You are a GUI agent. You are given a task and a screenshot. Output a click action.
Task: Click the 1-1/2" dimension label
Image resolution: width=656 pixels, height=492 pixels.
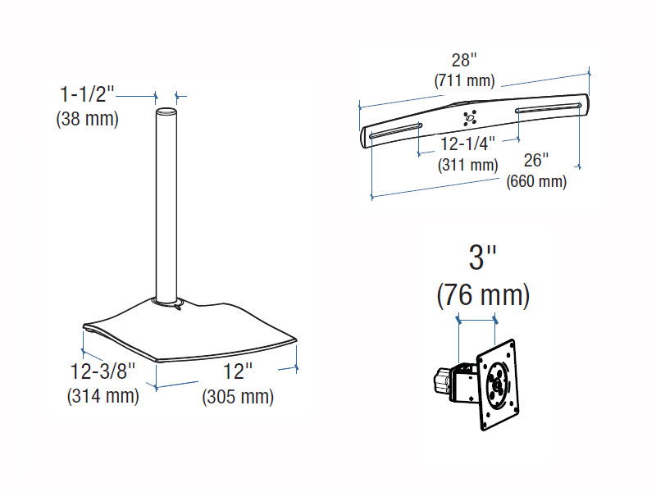(x=87, y=94)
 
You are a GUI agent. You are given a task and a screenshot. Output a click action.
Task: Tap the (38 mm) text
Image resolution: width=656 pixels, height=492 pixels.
(x=88, y=119)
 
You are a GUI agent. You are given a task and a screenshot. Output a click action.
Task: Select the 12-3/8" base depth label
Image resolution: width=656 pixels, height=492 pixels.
(x=103, y=371)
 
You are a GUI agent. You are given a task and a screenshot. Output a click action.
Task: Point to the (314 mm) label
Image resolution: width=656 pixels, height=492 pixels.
(x=103, y=396)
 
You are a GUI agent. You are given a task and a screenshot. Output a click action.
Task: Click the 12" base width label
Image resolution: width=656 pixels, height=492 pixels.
(x=238, y=371)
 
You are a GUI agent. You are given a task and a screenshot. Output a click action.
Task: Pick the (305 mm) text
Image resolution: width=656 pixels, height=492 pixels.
(x=238, y=396)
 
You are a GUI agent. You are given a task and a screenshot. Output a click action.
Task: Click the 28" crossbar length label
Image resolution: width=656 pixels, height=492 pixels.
(x=464, y=60)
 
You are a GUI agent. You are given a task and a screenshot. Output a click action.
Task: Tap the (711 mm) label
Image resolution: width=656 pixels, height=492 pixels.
(x=464, y=80)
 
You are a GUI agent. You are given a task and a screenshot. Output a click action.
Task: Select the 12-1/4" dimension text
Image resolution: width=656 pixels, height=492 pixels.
(x=467, y=144)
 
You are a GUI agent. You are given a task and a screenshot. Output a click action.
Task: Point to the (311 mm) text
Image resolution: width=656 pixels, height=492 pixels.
(x=467, y=165)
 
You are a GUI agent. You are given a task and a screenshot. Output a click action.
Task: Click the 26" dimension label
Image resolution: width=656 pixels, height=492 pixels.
(x=536, y=160)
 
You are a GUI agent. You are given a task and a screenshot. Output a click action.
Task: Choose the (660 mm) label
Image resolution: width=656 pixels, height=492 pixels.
(x=536, y=181)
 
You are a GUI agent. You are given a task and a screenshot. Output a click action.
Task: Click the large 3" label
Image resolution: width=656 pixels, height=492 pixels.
(x=482, y=257)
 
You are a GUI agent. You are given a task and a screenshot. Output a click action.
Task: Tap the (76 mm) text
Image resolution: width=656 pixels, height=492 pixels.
(x=483, y=295)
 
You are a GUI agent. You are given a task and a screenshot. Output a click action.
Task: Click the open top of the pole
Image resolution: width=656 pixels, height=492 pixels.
(x=166, y=112)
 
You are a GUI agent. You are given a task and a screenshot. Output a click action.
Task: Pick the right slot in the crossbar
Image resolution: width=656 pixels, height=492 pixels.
(x=549, y=107)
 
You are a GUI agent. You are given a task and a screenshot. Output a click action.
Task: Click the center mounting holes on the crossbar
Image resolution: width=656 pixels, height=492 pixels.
(x=470, y=118)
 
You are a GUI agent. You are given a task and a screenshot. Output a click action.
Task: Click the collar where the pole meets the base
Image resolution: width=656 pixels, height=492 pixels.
(x=167, y=302)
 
